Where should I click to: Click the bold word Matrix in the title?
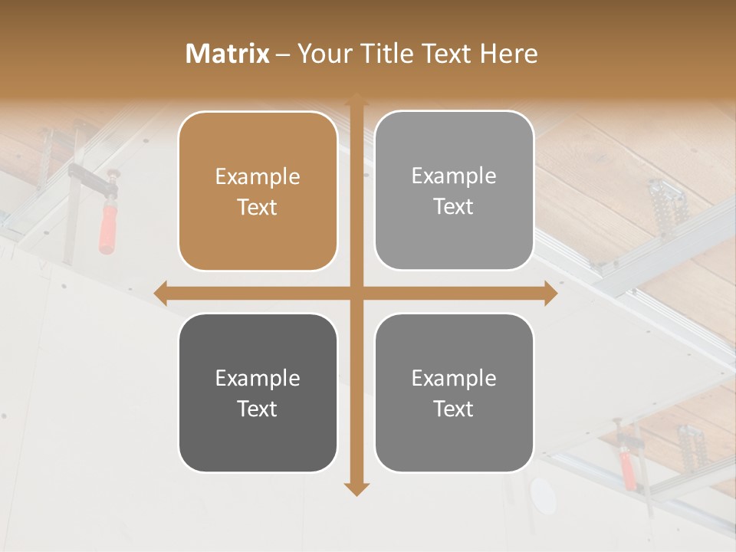pyautogui.click(x=227, y=54)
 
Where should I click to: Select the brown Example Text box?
pyautogui.click(x=258, y=192)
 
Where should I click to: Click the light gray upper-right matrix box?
pyautogui.click(x=454, y=191)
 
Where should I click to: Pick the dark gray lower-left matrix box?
pyautogui.click(x=258, y=393)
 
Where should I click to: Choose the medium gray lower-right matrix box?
pyautogui.click(x=454, y=393)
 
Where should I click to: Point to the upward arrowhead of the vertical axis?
pyautogui.click(x=356, y=100)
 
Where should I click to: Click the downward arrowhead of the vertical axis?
pyautogui.click(x=356, y=488)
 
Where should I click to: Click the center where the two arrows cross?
pyautogui.click(x=356, y=293)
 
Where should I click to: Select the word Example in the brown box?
pyautogui.click(x=258, y=177)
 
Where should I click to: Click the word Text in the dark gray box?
pyautogui.click(x=258, y=409)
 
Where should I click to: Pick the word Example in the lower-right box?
pyautogui.click(x=454, y=378)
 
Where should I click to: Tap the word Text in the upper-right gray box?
pyautogui.click(x=454, y=206)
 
